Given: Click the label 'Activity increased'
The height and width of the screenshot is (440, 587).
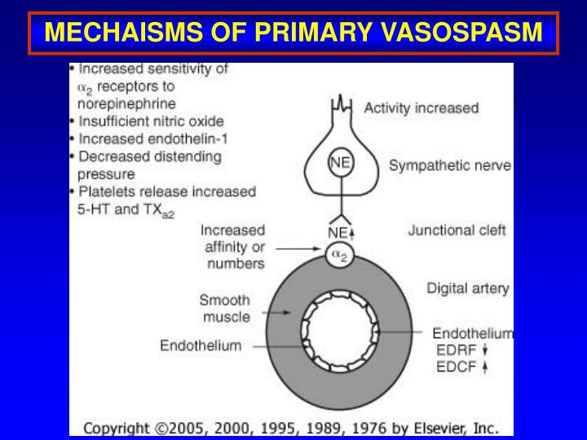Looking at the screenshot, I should point(421,108).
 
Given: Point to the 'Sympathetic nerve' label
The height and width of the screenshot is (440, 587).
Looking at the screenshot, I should point(450,166).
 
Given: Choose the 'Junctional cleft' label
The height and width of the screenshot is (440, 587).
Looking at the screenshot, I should point(457,231).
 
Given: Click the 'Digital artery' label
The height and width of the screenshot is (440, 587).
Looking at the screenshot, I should point(468,288).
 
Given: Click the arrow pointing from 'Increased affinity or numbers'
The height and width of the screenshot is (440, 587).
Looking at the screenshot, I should point(298,247).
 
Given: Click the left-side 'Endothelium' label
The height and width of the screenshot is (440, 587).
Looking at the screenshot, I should point(200,345).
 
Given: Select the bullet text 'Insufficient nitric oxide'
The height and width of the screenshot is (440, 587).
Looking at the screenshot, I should point(150,121).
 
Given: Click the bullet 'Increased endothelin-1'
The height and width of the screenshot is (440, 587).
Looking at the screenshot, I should point(150,138).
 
